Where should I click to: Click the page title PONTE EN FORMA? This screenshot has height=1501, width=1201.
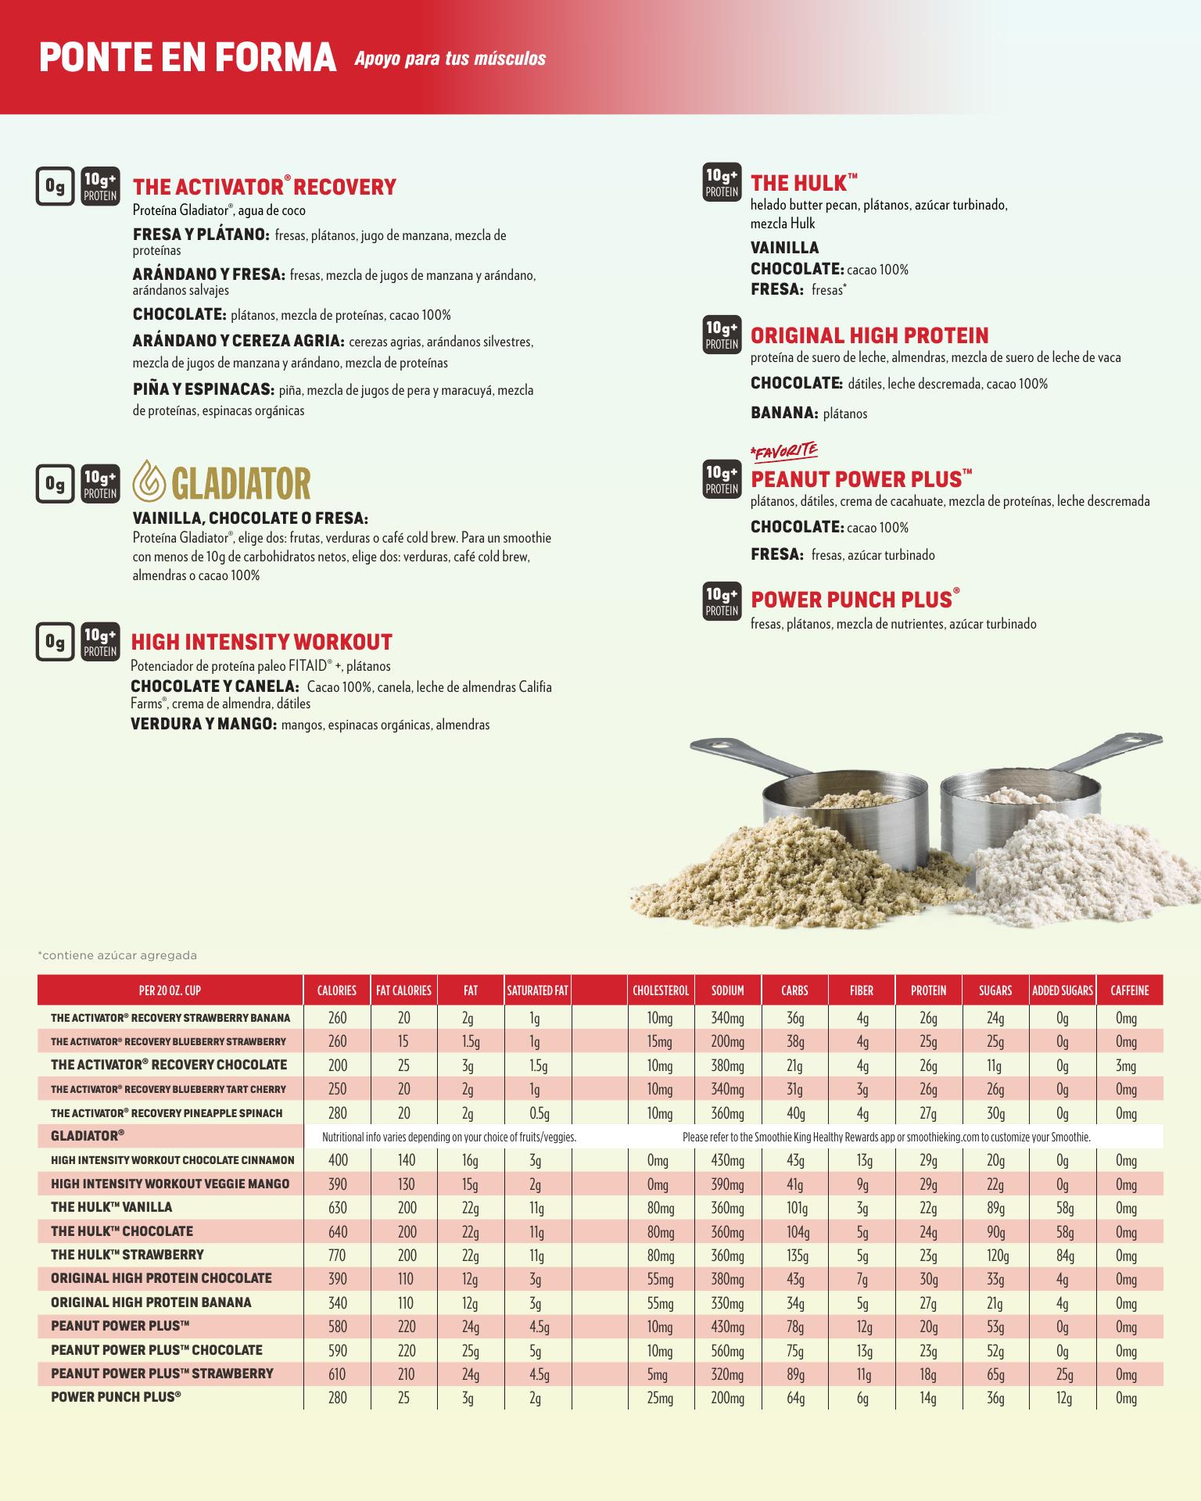(x=188, y=59)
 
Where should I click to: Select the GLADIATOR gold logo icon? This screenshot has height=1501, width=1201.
(x=148, y=482)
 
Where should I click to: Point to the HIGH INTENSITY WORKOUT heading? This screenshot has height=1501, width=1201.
(x=262, y=643)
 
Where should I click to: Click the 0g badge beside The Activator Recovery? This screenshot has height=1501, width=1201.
(x=55, y=186)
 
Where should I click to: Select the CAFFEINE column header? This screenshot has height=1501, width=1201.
(x=1129, y=991)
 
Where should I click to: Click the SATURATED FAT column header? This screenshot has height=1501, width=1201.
(x=537, y=991)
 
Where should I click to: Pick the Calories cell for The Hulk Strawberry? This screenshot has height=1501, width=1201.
(x=337, y=1256)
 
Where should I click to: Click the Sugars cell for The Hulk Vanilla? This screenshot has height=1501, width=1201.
(x=995, y=1208)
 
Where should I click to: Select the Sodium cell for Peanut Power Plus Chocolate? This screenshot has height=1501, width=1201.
(x=727, y=1351)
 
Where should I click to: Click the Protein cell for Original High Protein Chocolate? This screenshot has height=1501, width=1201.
(x=928, y=1279)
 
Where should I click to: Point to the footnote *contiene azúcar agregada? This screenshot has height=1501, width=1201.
(x=117, y=955)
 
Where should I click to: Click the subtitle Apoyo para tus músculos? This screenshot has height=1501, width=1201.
(x=450, y=59)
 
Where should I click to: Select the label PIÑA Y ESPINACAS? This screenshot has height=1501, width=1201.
(x=203, y=389)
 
